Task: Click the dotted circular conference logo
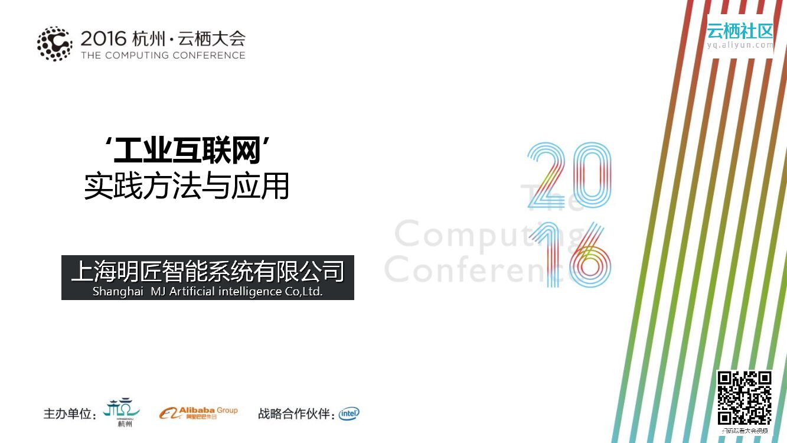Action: [54, 44]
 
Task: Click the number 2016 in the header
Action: [103, 39]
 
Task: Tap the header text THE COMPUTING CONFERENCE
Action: [163, 56]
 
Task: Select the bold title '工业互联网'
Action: [187, 152]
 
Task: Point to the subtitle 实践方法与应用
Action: [187, 186]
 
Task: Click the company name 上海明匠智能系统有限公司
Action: [207, 272]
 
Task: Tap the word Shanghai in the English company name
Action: [117, 292]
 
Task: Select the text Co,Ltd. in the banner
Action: [303, 292]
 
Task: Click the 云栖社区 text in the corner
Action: [740, 30]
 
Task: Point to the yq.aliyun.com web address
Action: [740, 45]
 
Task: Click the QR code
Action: [744, 398]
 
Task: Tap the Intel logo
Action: [349, 413]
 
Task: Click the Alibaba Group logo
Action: [198, 412]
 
